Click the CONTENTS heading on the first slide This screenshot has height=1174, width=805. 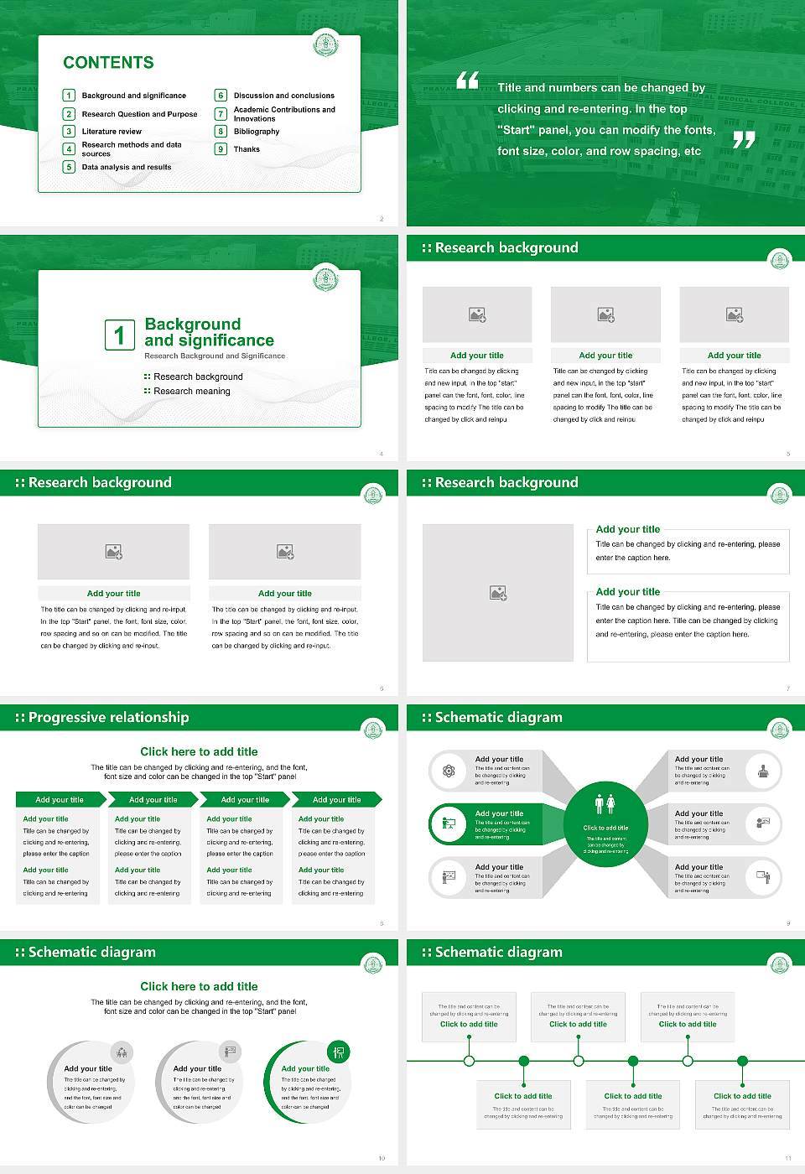tap(108, 63)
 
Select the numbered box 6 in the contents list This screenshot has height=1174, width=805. tap(221, 96)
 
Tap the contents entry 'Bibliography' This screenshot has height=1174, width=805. tap(257, 132)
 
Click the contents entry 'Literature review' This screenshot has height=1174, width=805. tap(112, 132)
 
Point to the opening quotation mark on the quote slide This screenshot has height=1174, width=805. tap(467, 81)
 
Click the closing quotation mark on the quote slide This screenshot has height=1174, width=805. tap(744, 140)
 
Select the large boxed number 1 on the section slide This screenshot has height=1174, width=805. tap(119, 335)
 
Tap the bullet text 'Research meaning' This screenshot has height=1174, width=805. tap(192, 392)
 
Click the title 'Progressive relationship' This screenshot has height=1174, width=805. tap(108, 717)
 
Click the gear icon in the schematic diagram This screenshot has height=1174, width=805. tap(449, 771)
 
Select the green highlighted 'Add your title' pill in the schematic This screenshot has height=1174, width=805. tap(495, 824)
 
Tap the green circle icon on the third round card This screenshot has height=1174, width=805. tap(339, 1052)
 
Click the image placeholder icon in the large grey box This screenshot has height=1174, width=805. tap(498, 593)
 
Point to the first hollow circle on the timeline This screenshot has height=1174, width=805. tap(469, 1061)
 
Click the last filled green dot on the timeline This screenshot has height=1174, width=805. tap(742, 1061)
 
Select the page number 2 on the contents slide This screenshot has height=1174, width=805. tap(382, 219)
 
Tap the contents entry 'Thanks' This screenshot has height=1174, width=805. tap(247, 149)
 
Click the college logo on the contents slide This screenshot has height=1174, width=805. tap(325, 44)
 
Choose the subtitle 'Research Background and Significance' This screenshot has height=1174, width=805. tap(215, 356)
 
